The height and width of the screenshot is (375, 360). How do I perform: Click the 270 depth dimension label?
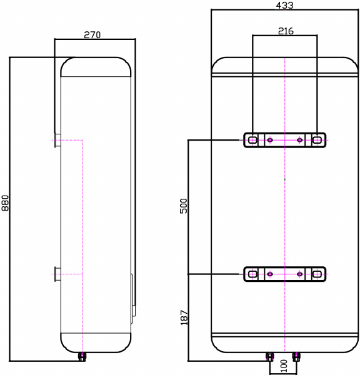pos(92,34)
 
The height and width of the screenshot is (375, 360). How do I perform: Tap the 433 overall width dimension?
pos(284,5)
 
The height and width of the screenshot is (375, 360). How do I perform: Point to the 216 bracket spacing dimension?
pos(285,30)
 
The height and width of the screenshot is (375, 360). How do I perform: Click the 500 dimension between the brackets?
pos(184,207)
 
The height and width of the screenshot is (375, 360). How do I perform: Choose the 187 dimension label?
pos(184,317)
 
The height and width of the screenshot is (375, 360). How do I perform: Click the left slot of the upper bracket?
pos(252,140)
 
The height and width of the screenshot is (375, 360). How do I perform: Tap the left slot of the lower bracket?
pos(252,274)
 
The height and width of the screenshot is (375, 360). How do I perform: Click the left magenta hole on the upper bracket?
pos(270,140)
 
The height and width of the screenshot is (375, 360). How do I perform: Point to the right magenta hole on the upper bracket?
pos(299,140)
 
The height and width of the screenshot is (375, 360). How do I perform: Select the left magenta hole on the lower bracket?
pos(270,274)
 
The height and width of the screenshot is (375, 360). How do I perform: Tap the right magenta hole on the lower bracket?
pos(299,274)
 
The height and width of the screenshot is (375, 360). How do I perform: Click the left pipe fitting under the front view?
pos(269,357)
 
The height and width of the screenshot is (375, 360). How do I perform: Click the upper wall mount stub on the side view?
pos(57,141)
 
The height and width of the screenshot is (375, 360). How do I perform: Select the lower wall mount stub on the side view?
pos(57,274)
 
